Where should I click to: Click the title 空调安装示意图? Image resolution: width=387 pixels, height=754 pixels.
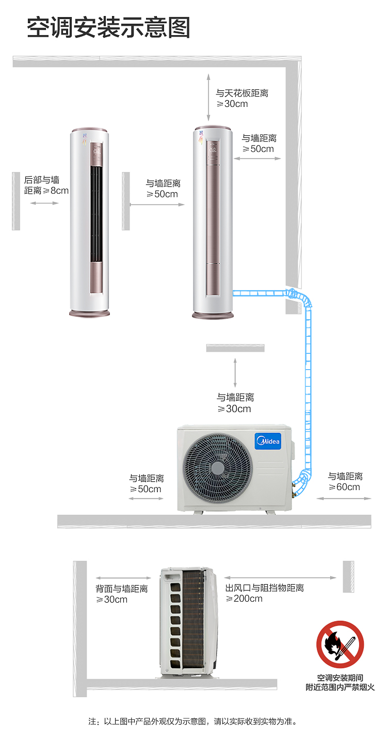pos(108,27)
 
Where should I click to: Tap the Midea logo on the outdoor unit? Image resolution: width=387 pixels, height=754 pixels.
pos(268,441)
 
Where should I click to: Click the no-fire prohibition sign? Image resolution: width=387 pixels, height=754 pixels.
pos(340,645)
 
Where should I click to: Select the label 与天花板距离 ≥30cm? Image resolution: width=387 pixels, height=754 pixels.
pos(242,98)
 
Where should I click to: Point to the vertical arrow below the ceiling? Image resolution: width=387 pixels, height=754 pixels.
pos(208,97)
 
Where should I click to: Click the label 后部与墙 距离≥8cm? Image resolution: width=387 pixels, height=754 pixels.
pos(46,185)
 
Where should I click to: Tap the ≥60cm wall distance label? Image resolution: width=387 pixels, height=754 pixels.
pos(345,481)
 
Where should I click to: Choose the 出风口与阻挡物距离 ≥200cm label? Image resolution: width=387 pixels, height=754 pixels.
pos(264,593)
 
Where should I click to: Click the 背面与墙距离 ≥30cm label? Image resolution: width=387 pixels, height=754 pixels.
pos(121,594)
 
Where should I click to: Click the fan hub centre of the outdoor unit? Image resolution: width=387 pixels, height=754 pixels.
pos(218,468)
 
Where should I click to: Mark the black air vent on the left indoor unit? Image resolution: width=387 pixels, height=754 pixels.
pos(96,214)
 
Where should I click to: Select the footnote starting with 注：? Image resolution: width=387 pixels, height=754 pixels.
pos(193,721)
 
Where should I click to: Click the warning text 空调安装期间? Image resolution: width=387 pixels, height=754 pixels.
pos(340,678)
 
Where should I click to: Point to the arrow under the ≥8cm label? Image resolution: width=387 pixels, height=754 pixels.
pos(44,203)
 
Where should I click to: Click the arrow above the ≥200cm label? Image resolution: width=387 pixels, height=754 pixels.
pos(280,577)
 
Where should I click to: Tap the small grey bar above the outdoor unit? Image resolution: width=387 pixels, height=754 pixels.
pos(235,348)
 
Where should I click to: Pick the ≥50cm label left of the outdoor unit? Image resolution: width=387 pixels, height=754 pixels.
pos(146,483)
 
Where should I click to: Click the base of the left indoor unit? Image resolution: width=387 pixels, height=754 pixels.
pos(89,313)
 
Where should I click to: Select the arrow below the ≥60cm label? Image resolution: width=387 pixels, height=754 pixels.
pos(344,498)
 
